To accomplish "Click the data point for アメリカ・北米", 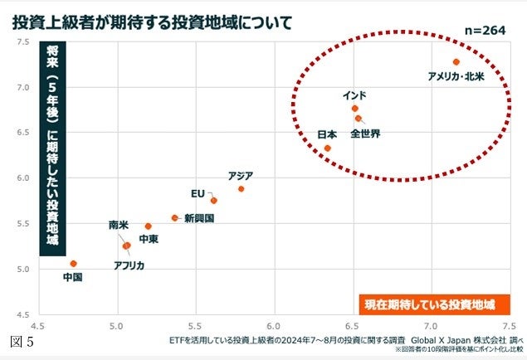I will coord(456,62).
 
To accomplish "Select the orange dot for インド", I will coord(355,108).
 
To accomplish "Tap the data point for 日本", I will coord(328,148).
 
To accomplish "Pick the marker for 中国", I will coord(73,264).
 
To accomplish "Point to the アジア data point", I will coord(242,189).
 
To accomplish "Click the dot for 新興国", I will coord(175,218).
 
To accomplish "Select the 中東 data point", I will coord(149,226).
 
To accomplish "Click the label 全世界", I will coord(365,134).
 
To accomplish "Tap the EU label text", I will coord(198,193).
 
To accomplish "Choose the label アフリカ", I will coord(129,265).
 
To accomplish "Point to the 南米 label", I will coord(119,225).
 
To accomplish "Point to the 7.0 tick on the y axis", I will coord(23,87).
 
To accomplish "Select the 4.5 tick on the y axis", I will coord(23,314).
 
